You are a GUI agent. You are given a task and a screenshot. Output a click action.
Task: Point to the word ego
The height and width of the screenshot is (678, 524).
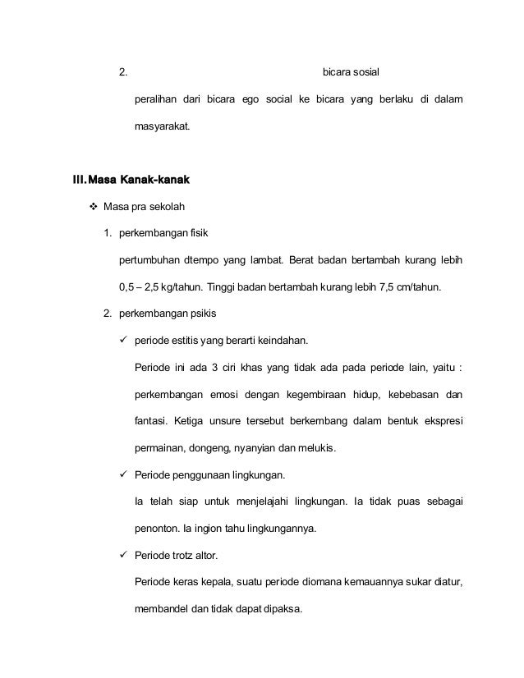pos(249,100)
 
